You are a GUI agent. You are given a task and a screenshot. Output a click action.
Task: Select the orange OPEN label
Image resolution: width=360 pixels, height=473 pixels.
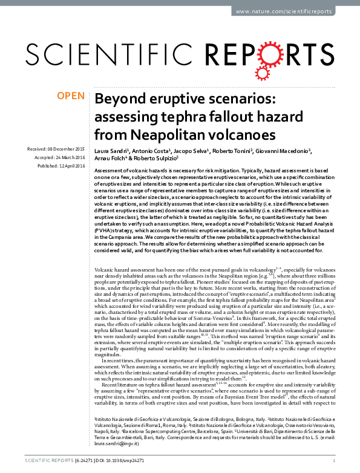(70, 95)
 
